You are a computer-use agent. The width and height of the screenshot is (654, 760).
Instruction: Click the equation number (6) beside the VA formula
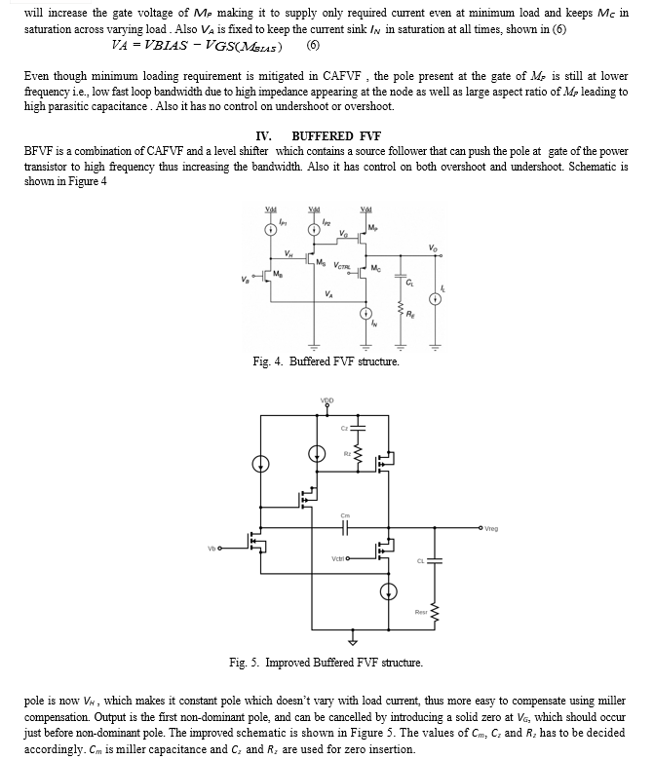[x=313, y=46]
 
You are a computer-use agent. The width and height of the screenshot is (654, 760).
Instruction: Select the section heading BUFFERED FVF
[x=336, y=136]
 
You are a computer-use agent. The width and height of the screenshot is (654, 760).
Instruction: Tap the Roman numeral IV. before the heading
[x=263, y=136]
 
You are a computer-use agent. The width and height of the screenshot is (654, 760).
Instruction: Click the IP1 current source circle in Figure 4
[x=271, y=230]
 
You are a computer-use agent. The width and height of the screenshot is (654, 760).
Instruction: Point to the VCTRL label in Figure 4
[x=341, y=266]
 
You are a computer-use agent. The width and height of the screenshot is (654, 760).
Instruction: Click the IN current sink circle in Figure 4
[x=365, y=314]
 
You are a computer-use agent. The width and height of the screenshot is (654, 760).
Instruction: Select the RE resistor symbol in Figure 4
[x=401, y=308]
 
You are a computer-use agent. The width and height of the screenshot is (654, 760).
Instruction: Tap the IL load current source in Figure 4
[x=436, y=299]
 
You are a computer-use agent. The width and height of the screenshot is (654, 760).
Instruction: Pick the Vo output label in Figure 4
[x=433, y=247]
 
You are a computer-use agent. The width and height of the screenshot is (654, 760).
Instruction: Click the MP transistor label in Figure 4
[x=372, y=227]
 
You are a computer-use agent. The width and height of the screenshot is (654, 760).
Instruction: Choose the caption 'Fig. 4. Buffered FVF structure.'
[x=326, y=361]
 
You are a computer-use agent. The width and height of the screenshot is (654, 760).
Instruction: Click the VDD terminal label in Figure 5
[x=327, y=400]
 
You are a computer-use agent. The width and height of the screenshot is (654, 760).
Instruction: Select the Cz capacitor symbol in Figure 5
[x=359, y=428]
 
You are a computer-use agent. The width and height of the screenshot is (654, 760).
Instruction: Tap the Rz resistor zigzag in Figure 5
[x=359, y=454]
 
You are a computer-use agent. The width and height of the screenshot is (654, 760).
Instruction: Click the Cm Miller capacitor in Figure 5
[x=345, y=528]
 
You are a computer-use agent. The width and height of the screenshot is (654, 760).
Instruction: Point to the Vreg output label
[x=491, y=529]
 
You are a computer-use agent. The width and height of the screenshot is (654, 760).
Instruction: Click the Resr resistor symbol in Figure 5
[x=435, y=615]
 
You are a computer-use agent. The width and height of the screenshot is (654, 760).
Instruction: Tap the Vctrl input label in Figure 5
[x=337, y=559]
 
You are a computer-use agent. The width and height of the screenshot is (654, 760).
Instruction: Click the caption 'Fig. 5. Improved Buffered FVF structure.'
[x=326, y=663]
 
